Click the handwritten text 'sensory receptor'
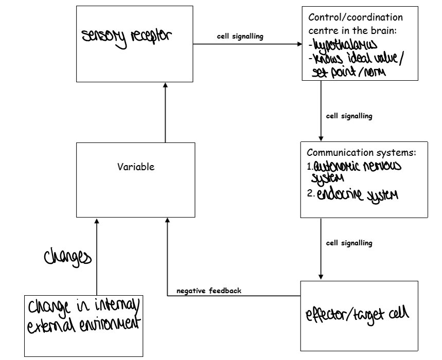click(127, 39)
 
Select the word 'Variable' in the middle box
click(136, 167)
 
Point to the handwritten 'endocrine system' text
click(357, 194)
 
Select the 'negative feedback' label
click(209, 291)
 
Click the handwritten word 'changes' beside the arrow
click(67, 257)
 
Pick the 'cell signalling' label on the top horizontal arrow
click(240, 37)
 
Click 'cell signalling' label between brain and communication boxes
click(349, 116)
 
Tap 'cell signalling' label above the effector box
click(349, 243)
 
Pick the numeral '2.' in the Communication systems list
click(311, 194)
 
